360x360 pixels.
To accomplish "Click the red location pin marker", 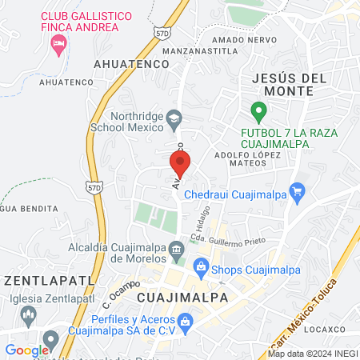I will (180, 164).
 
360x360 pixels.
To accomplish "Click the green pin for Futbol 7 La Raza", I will (258, 110).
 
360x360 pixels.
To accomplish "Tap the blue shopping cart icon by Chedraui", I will (298, 191).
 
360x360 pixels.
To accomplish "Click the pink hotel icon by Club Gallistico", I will (58, 46).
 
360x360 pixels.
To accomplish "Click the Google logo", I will (26, 350).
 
